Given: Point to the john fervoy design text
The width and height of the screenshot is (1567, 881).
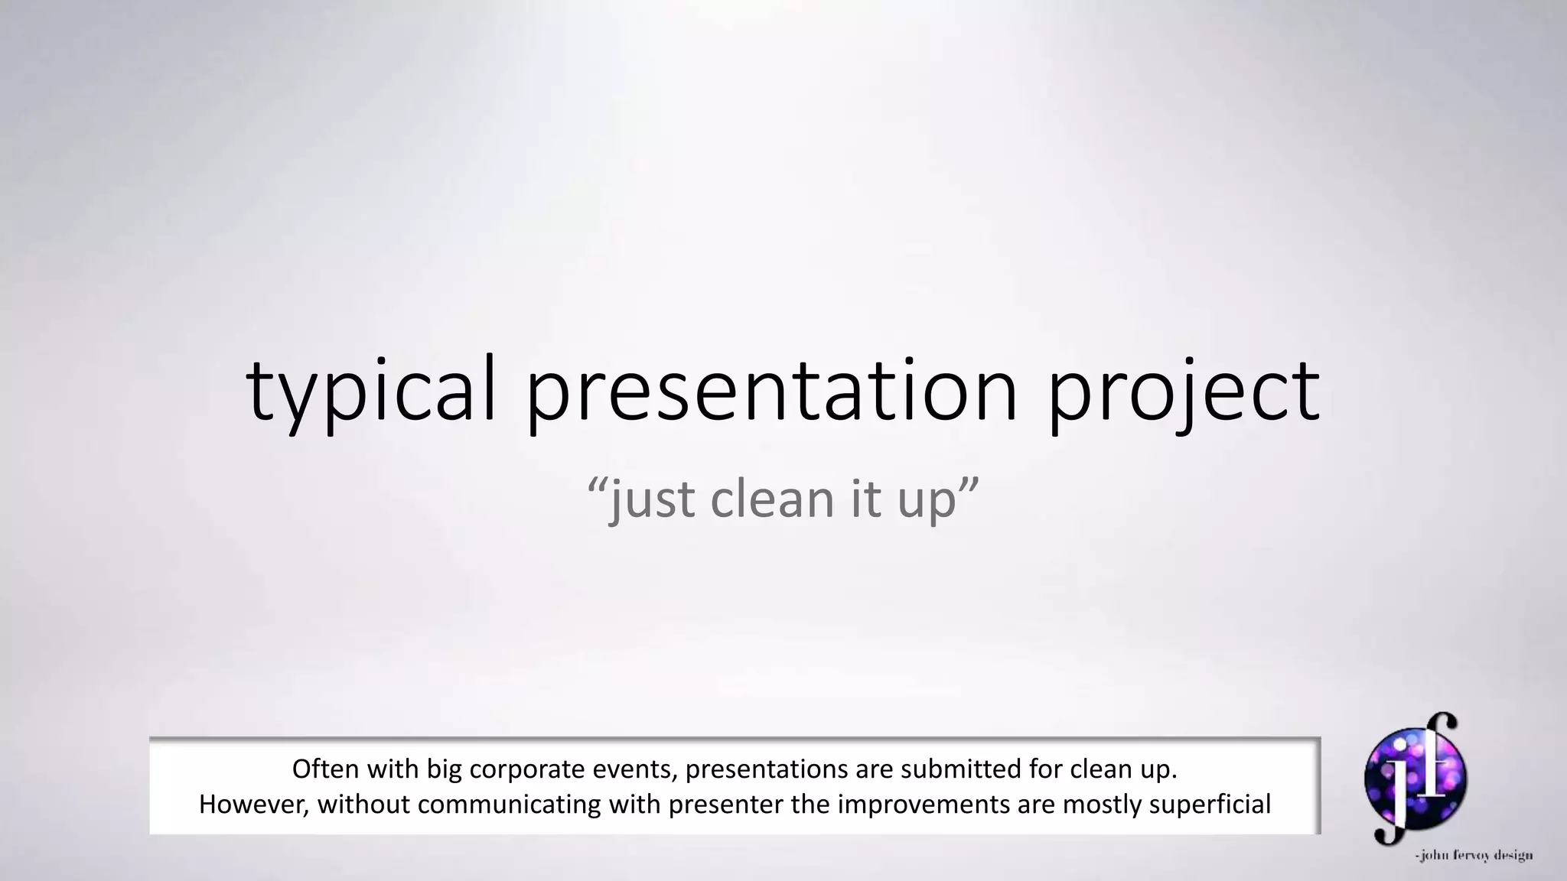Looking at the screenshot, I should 1474,856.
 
